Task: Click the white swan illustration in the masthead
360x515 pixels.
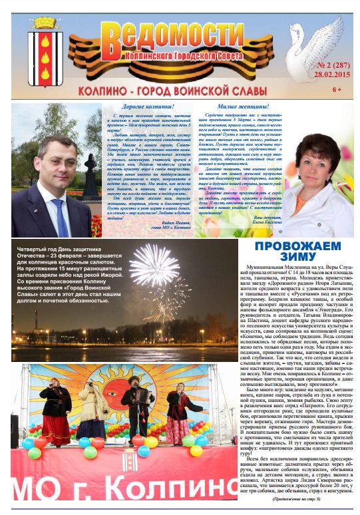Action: pyautogui.click(x=313, y=47)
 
